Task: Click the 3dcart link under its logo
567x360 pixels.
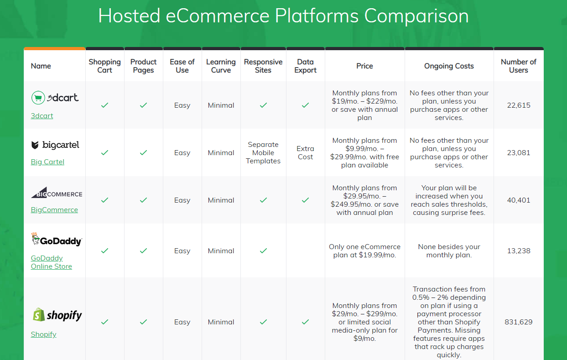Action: (x=42, y=116)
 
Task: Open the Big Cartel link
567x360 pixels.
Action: (x=47, y=162)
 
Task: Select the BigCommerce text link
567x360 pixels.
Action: (x=54, y=210)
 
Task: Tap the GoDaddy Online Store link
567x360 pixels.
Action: (x=51, y=262)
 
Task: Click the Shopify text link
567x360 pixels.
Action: (x=43, y=334)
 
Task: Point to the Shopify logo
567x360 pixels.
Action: (x=57, y=315)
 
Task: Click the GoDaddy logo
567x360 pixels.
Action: (x=56, y=240)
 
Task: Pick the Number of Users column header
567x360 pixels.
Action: (x=518, y=66)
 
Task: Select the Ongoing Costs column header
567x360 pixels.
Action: (x=449, y=66)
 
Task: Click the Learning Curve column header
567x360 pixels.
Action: (x=221, y=66)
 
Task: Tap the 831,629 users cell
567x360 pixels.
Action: (x=518, y=322)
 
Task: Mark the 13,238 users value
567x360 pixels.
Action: (x=518, y=251)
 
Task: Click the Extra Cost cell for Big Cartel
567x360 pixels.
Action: (x=305, y=153)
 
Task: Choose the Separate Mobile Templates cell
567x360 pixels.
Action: (x=263, y=153)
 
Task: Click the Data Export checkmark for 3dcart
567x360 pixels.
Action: (x=305, y=105)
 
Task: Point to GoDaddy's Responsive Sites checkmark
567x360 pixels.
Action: (x=263, y=251)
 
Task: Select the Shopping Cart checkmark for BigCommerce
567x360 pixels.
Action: (x=104, y=200)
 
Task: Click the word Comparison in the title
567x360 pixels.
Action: (x=416, y=16)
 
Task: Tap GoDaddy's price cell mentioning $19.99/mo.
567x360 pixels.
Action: (x=364, y=251)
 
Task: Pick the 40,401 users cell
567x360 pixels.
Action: (x=518, y=200)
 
